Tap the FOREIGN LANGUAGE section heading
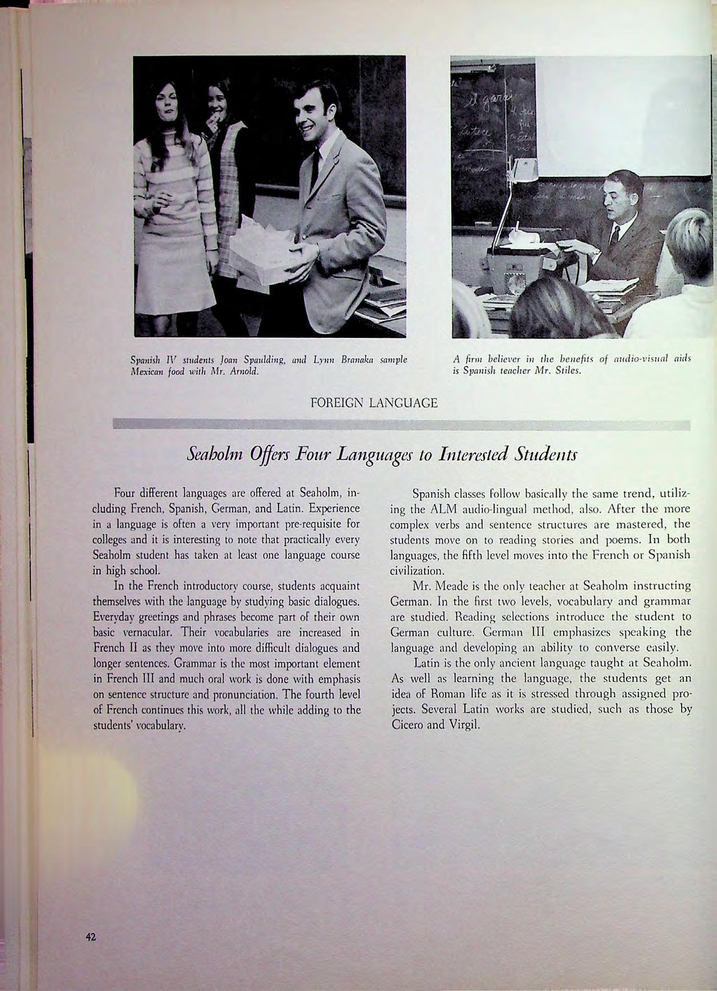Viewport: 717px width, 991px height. [374, 403]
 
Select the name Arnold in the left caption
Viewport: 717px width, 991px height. [245, 370]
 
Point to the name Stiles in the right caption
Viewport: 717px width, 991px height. [566, 370]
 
